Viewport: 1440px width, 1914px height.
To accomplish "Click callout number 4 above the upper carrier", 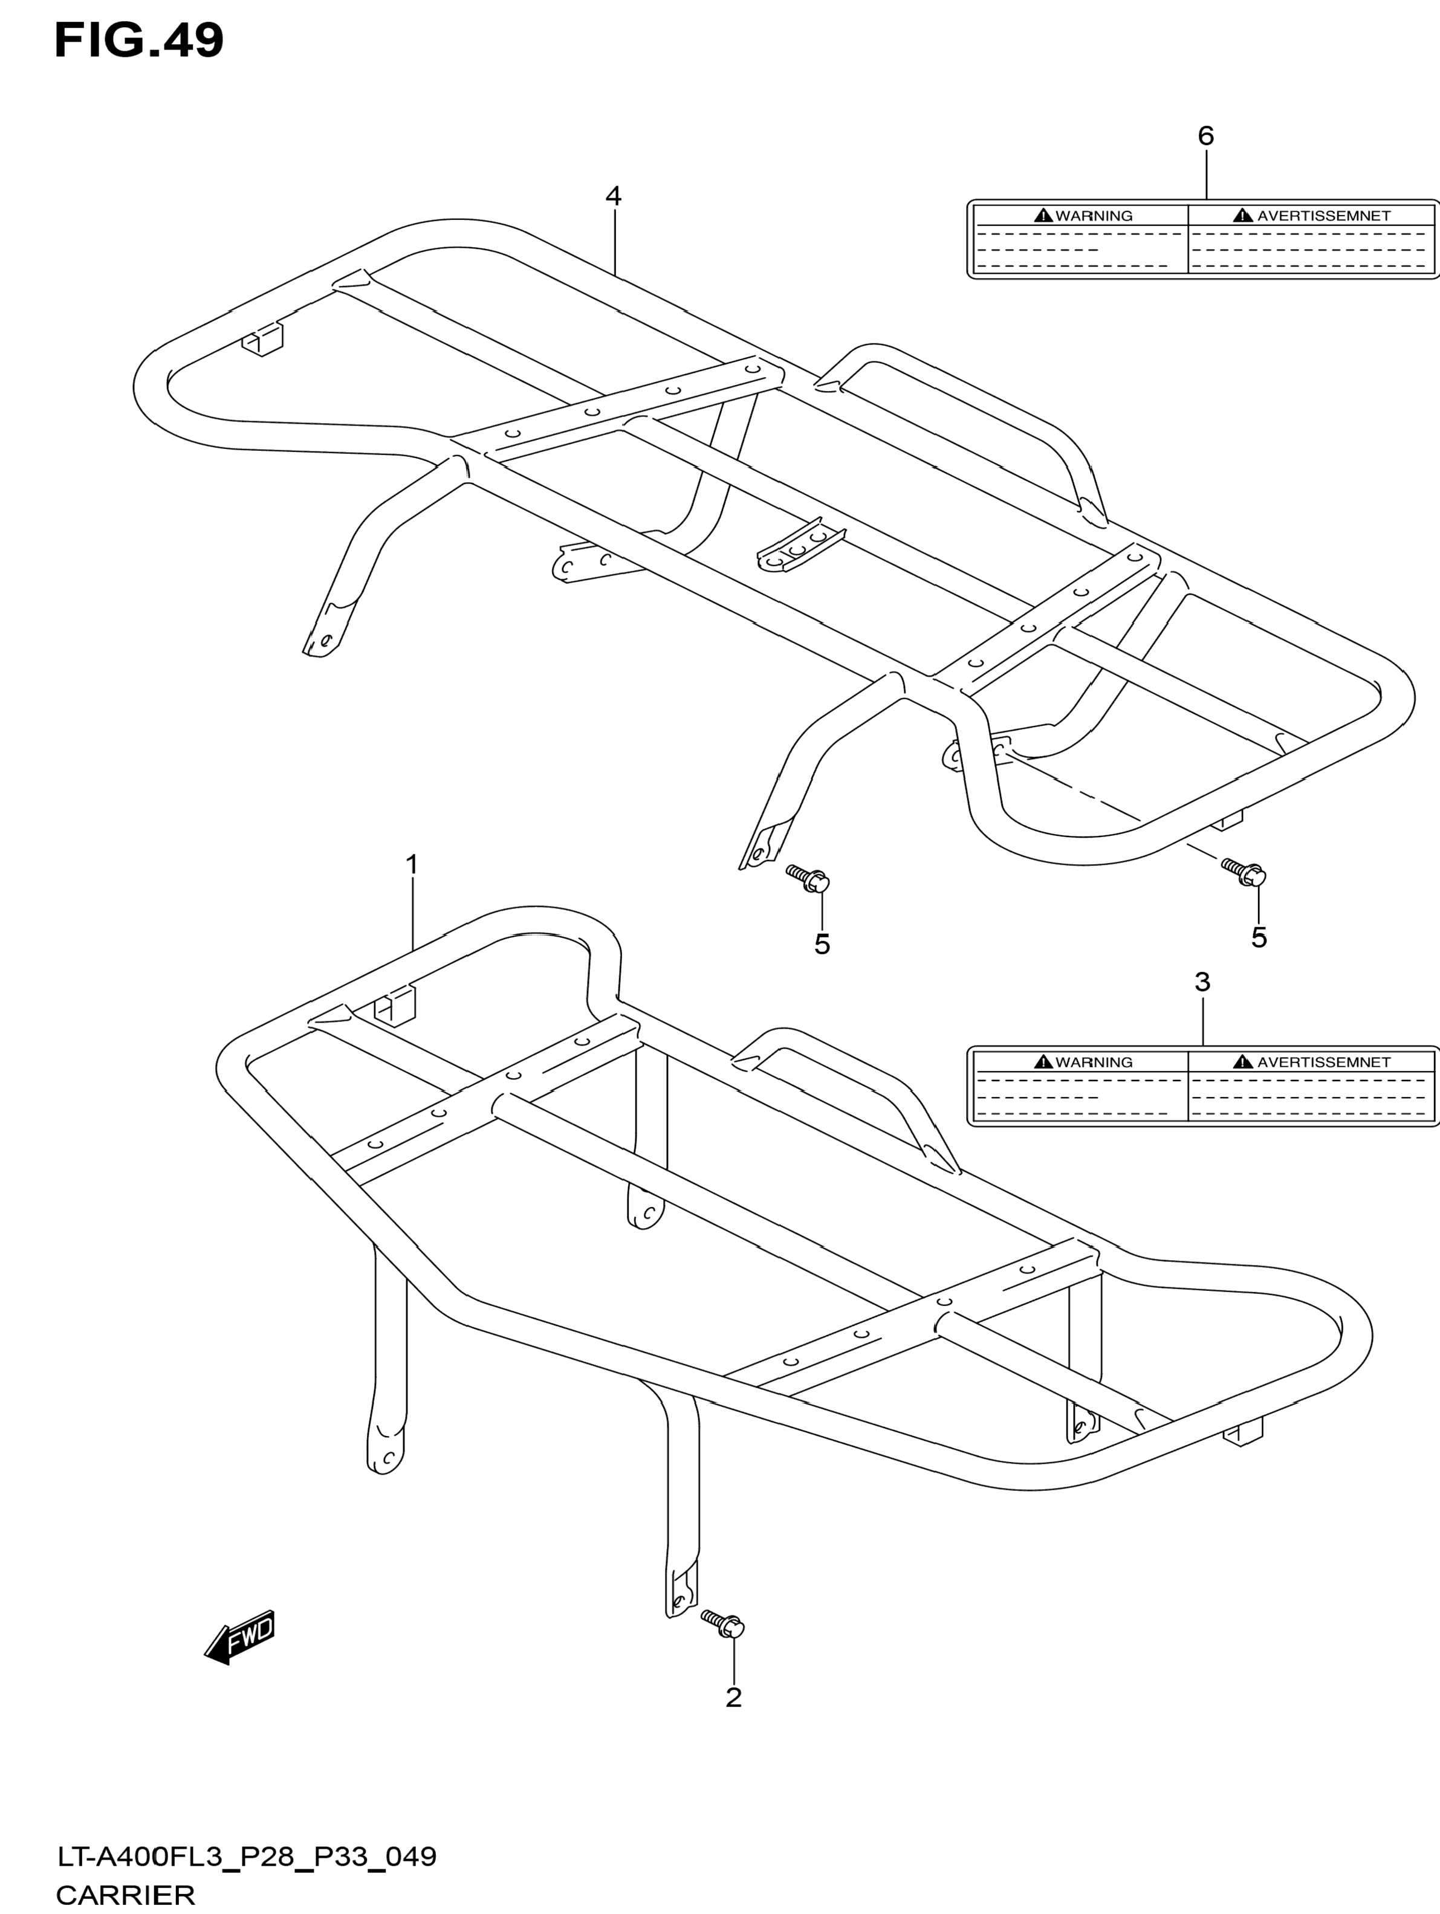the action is (612, 196).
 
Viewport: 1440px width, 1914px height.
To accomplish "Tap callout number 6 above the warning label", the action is (1205, 136).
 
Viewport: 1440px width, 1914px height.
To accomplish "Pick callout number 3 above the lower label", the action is (1202, 982).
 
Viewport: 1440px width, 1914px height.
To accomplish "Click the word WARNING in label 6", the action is (1094, 216).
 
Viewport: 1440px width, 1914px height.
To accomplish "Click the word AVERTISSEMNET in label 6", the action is (1323, 216).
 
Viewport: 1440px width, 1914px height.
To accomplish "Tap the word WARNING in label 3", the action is (1094, 1062).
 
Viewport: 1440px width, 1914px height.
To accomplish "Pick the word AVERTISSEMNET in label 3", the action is (1323, 1062).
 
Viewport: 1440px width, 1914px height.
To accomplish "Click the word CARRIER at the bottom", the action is (126, 1895).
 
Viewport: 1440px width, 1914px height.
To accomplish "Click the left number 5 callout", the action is (821, 945).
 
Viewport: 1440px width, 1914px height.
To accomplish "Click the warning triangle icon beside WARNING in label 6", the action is (1043, 216).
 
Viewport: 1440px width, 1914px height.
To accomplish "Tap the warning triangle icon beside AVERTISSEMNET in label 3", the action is (1244, 1062).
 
